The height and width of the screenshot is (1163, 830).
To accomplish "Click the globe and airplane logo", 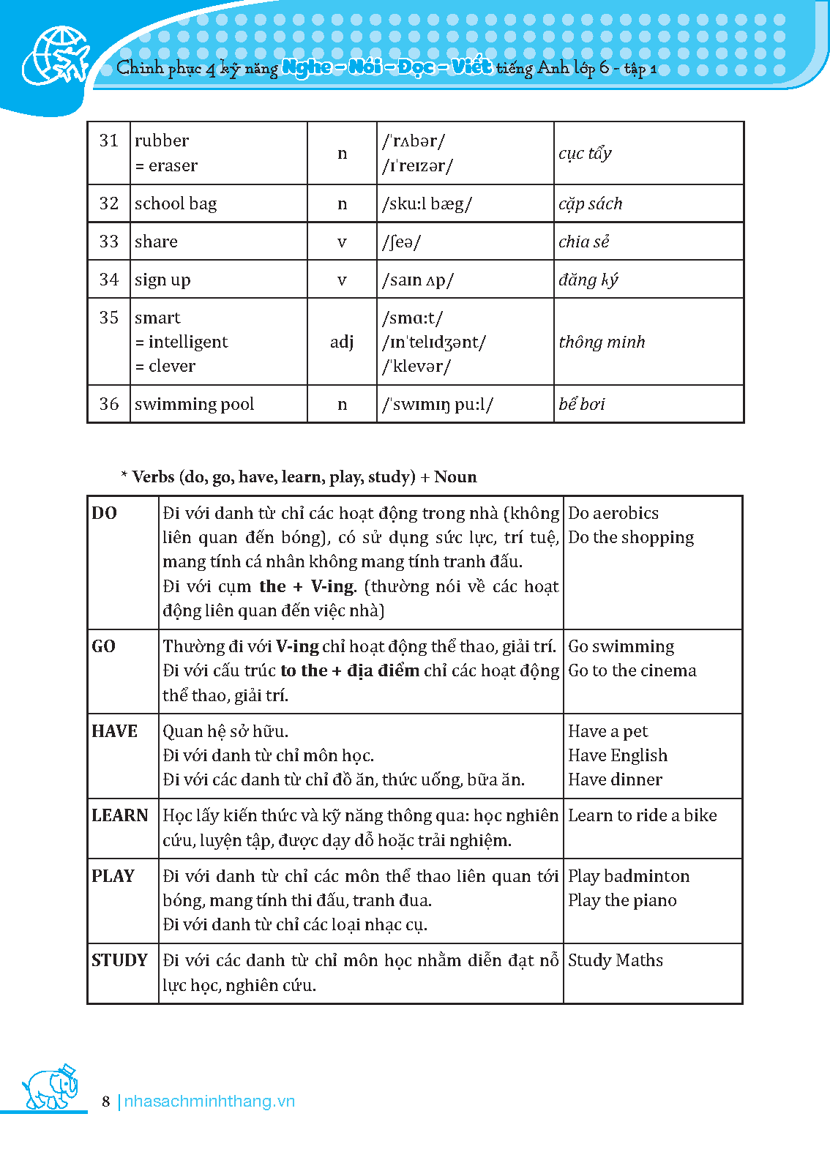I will pos(56,56).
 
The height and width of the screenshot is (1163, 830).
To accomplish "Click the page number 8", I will pos(106,1102).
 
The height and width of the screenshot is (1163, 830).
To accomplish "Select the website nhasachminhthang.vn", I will pos(209,1102).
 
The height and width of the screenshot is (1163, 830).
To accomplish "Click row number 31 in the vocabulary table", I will pos(109,141).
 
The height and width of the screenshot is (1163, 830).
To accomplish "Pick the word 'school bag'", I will pos(176,203).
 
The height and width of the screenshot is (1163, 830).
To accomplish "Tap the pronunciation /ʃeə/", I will pos(402,242).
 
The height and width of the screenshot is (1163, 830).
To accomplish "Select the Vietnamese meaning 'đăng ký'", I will pos(588,280).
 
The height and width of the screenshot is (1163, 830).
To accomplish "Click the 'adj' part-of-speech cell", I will pos(342,342).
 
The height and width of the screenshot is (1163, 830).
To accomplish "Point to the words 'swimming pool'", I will pos(194,404).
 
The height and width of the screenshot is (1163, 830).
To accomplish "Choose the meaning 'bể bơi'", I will pos(582,404).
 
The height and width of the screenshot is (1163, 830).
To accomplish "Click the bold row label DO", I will pos(105,513).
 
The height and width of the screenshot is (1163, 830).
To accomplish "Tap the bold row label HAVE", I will pos(115,731).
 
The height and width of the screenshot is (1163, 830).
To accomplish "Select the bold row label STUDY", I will pos(120,960).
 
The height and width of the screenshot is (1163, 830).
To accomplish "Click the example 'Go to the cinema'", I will pos(632,670).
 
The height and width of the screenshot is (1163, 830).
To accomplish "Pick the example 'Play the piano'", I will pos(622,900).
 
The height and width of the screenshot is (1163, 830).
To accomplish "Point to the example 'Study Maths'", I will pos(616,960).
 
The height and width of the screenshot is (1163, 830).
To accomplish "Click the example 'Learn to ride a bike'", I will pos(643,815).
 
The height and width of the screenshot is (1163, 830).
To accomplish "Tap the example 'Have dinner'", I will pos(615,779).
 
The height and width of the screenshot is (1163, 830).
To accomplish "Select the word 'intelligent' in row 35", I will pos(188,342).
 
